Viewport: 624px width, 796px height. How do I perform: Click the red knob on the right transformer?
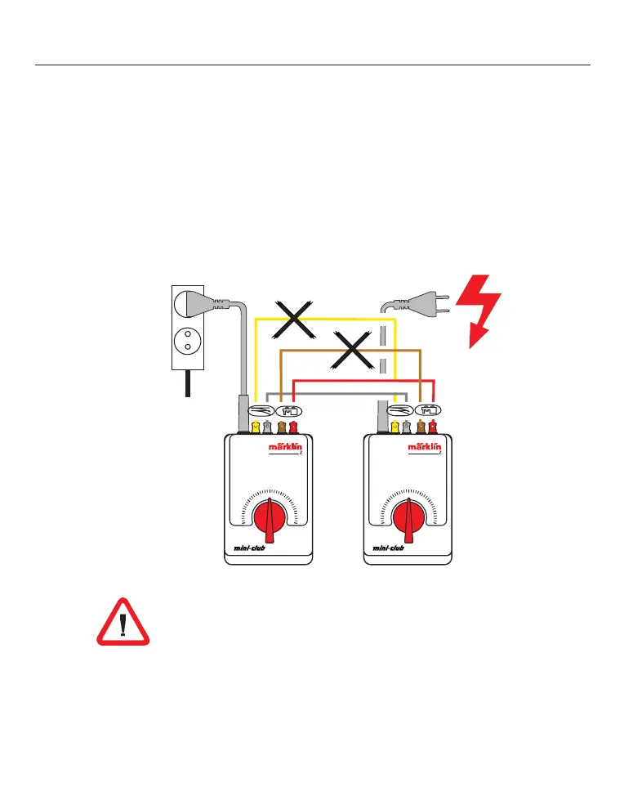point(407,519)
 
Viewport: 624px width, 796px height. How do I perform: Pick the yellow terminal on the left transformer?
point(256,426)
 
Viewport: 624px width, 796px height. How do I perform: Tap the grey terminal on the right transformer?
point(407,426)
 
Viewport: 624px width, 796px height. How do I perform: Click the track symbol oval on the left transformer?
point(259,411)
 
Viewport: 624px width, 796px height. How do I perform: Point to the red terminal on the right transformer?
point(433,426)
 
